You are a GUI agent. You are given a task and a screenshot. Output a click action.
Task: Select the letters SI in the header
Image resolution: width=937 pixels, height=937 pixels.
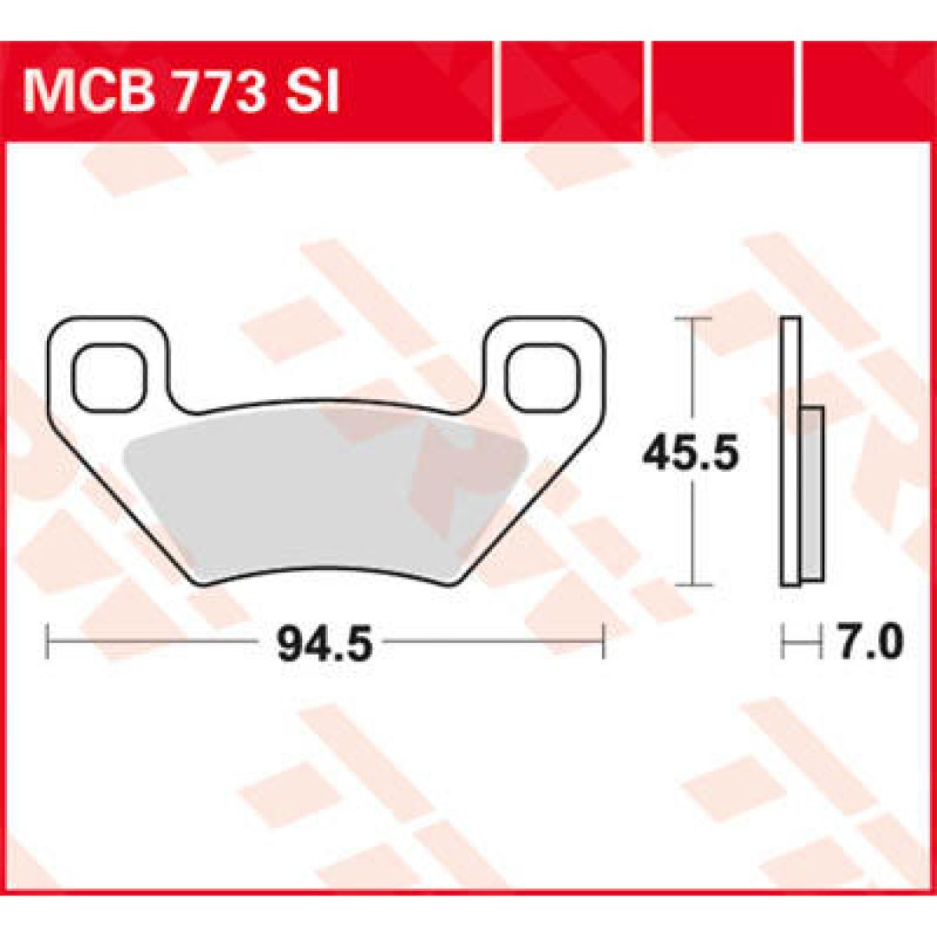click(x=311, y=93)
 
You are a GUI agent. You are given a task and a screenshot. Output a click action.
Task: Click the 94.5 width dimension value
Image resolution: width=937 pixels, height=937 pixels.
click(x=324, y=643)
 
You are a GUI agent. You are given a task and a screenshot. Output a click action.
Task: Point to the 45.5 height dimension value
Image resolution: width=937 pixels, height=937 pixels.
click(x=691, y=452)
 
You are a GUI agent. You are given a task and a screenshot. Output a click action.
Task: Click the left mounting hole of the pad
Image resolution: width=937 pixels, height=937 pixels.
click(x=108, y=377)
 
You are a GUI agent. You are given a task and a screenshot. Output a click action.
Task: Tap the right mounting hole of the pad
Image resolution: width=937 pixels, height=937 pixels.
click(x=542, y=377)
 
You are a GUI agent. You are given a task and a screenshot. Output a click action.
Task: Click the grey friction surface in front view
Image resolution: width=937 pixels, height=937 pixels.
click(x=325, y=493)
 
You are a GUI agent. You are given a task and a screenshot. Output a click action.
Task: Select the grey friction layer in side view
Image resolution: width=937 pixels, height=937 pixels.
click(x=811, y=493)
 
